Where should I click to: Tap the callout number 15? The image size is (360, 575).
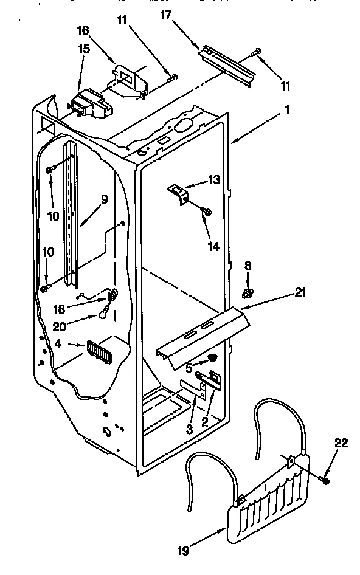83,49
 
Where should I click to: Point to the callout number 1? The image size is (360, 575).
286,111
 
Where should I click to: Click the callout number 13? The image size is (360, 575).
214,180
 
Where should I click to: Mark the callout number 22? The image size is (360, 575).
341,443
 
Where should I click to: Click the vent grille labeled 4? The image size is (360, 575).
100,352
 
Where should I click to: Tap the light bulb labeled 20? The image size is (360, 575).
106,313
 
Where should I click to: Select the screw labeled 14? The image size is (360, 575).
207,211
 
